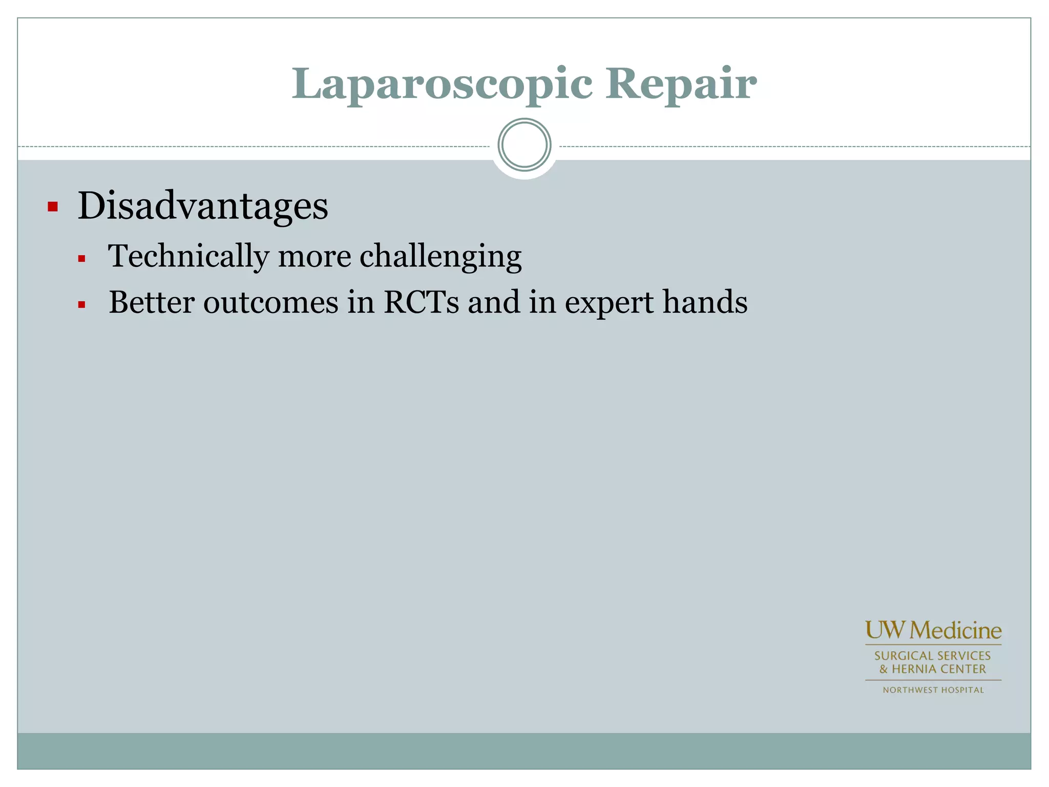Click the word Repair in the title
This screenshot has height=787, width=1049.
[681, 85]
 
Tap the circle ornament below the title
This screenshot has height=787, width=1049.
[524, 145]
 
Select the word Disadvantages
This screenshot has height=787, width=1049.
[203, 206]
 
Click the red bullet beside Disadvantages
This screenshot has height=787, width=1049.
[52, 207]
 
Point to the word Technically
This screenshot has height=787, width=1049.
[188, 256]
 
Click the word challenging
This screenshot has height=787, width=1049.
[440, 256]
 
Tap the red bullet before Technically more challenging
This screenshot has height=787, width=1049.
[81, 259]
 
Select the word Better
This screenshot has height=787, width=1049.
[152, 302]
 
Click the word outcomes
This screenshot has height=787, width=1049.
[271, 302]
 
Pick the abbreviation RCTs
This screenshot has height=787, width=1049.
[421, 302]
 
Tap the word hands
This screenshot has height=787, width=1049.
[705, 302]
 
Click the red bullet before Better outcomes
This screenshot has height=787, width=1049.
[81, 305]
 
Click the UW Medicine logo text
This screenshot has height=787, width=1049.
[933, 631]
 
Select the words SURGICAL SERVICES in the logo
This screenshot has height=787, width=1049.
[932, 656]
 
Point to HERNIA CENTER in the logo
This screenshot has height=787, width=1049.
[938, 669]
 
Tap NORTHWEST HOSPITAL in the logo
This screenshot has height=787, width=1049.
[933, 690]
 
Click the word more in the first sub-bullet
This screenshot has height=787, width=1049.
[314, 256]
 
